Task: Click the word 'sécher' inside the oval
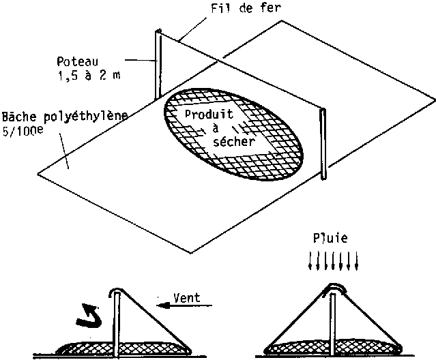(233, 142)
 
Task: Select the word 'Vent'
(187, 297)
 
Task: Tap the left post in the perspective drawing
(158, 65)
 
